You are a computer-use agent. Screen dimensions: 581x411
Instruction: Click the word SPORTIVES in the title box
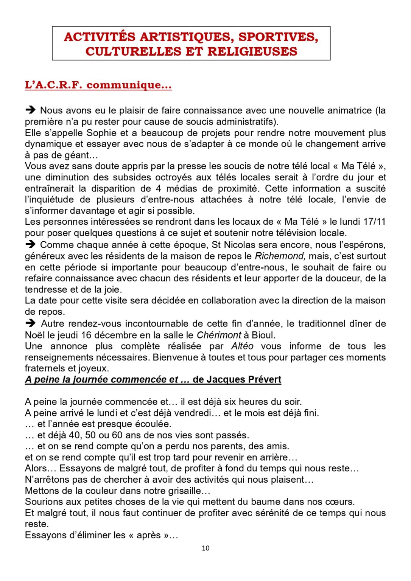[278, 37]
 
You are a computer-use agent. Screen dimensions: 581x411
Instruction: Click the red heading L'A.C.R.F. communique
[98, 85]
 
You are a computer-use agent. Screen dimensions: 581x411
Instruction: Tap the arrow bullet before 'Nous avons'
[30, 110]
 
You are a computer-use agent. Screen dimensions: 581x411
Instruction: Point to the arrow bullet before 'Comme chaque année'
[30, 244]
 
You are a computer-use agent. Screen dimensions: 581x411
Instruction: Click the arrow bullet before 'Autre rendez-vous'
[30, 323]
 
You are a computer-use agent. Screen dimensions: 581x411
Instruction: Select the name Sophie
[102, 133]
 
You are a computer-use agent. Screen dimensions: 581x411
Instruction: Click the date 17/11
[374, 222]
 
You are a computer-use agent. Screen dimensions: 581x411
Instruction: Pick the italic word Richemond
[280, 256]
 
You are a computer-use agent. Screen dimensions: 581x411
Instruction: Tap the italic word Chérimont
[219, 335]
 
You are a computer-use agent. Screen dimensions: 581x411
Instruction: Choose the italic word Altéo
[242, 346]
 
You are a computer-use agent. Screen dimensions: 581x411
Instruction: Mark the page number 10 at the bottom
[205, 548]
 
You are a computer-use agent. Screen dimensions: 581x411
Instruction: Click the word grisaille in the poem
[179, 491]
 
